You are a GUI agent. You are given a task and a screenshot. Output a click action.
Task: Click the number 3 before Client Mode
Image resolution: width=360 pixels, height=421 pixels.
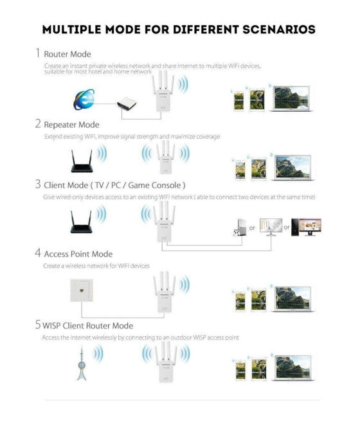click(x=37, y=184)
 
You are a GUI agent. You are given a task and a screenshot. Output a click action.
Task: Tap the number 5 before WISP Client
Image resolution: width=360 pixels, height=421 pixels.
click(x=37, y=325)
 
